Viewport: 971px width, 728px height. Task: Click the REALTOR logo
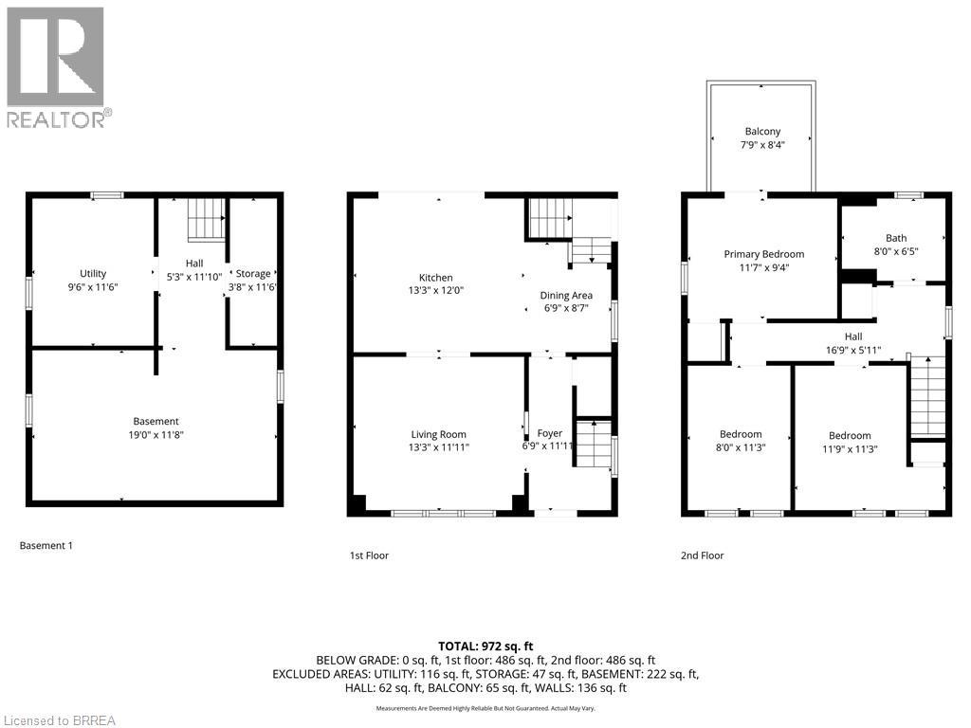tap(56, 66)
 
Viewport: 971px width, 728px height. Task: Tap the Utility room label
tap(93, 274)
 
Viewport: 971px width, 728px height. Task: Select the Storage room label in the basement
tap(253, 274)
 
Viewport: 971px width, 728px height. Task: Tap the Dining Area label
tap(566, 296)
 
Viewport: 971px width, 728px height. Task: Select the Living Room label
tap(438, 434)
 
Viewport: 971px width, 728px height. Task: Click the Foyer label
tap(550, 434)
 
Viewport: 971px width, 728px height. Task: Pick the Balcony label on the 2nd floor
tap(762, 132)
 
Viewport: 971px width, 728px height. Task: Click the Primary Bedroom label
tap(763, 254)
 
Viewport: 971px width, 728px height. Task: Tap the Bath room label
tap(896, 239)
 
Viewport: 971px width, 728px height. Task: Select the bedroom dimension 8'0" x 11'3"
tap(739, 448)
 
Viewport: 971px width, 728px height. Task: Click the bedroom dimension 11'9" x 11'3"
tap(849, 449)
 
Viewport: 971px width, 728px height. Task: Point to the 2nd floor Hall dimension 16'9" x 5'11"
tap(853, 350)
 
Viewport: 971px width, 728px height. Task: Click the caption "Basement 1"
tap(46, 546)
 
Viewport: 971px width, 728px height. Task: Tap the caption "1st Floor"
tap(369, 555)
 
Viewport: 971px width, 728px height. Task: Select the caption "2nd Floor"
tap(702, 555)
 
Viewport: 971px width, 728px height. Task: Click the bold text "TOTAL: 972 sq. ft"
tap(485, 646)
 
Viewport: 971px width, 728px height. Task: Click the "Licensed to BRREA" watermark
tap(59, 720)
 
